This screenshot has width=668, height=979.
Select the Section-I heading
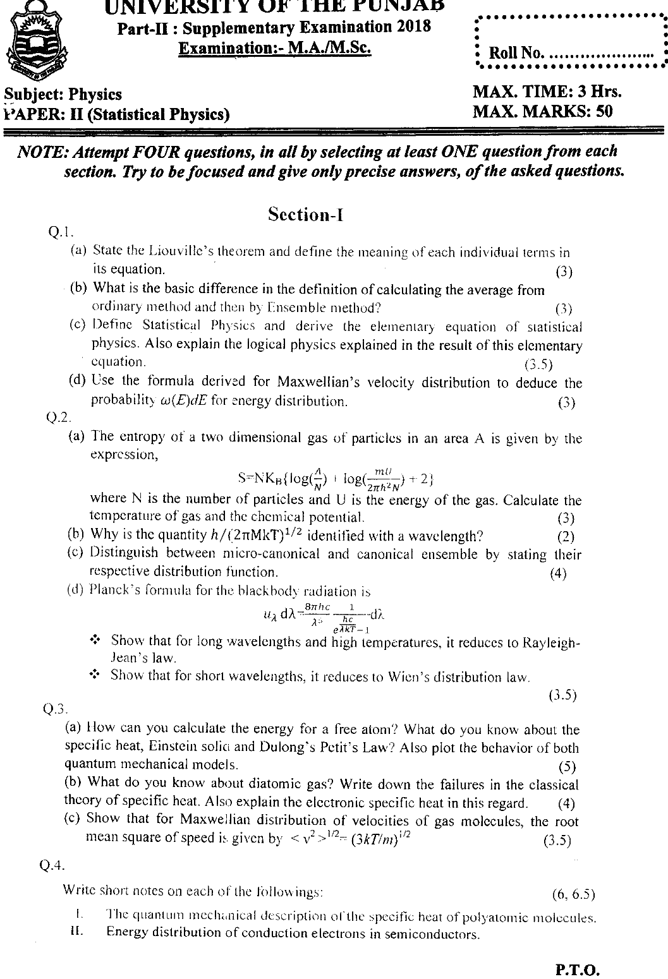point(305,215)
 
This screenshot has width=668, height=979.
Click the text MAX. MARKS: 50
point(542,112)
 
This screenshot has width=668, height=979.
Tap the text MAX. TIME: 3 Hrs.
point(547,92)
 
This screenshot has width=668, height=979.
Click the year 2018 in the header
point(414,27)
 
